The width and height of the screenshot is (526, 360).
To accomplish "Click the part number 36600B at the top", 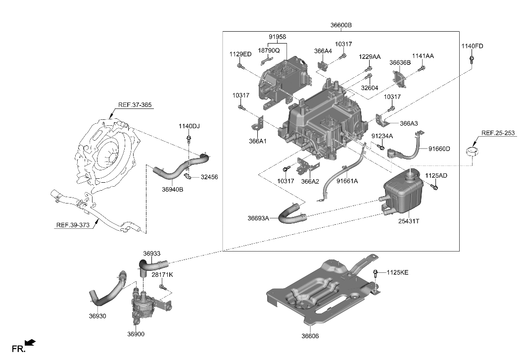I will (341, 25).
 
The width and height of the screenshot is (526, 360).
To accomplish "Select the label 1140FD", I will (472, 46).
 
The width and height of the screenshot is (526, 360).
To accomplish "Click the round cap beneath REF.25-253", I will (474, 151).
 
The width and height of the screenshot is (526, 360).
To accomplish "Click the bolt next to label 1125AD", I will (434, 187).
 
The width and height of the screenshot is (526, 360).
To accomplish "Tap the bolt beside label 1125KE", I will (376, 273).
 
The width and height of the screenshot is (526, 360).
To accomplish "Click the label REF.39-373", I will (73, 225).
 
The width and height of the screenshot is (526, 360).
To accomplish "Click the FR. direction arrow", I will (30, 342).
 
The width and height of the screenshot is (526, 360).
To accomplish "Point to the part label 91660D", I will (439, 149).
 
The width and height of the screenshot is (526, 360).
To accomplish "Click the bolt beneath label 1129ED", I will (240, 65).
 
